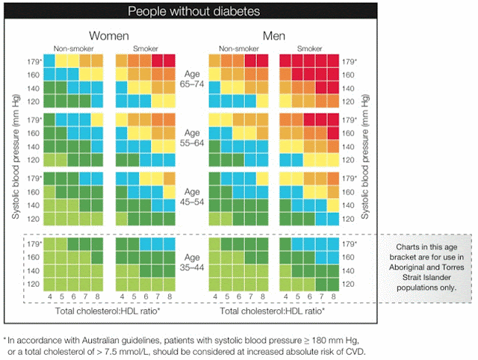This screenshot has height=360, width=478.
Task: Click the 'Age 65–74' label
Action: point(193,80)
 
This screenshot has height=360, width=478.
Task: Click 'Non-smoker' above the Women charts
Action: point(72,49)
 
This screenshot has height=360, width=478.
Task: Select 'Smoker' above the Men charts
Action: point(309,49)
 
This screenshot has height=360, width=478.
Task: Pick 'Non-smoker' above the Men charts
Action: point(238,49)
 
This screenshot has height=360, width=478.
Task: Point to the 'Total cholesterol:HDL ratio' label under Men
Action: point(273,309)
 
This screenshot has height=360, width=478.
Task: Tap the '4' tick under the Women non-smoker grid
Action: point(49,297)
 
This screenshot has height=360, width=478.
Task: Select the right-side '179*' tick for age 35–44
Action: point(349,244)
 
